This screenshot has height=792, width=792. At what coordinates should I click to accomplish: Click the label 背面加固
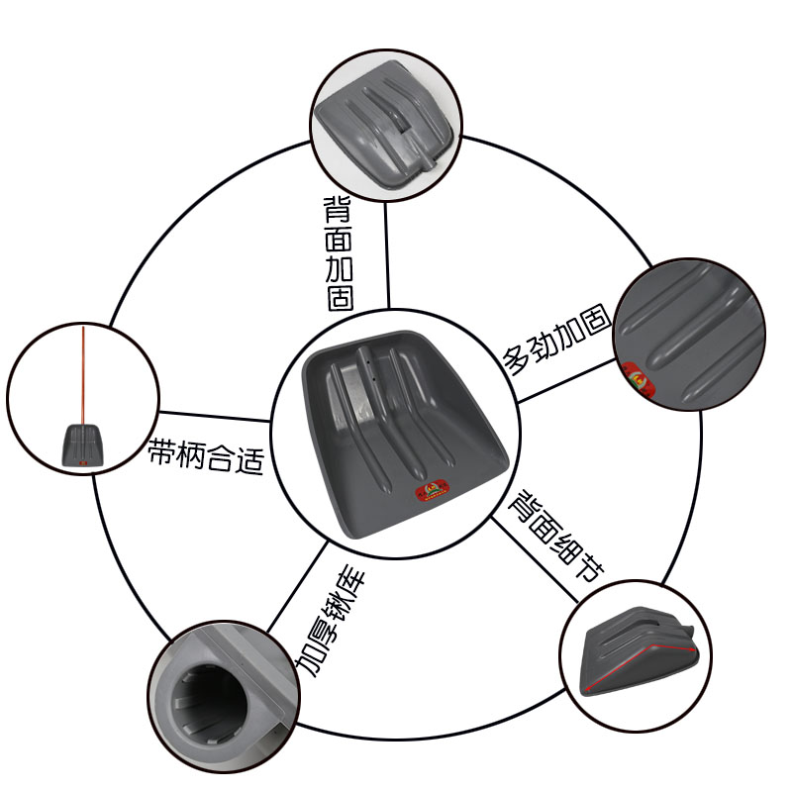[340, 253]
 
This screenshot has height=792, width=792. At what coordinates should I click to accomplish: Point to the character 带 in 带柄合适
[161, 453]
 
